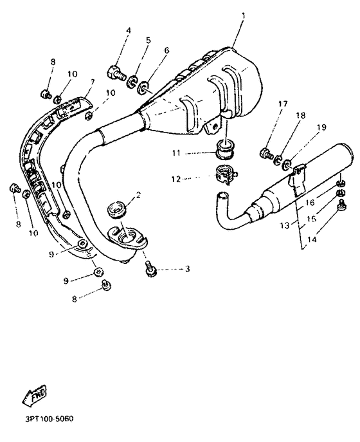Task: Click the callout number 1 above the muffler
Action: pos(244,16)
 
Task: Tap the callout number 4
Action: pos(129,30)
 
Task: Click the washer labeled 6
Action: pos(143,87)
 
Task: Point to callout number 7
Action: pos(93,82)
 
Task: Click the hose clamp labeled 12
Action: pos(226,174)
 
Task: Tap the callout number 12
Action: pos(176,179)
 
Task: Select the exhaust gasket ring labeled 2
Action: pos(117,209)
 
